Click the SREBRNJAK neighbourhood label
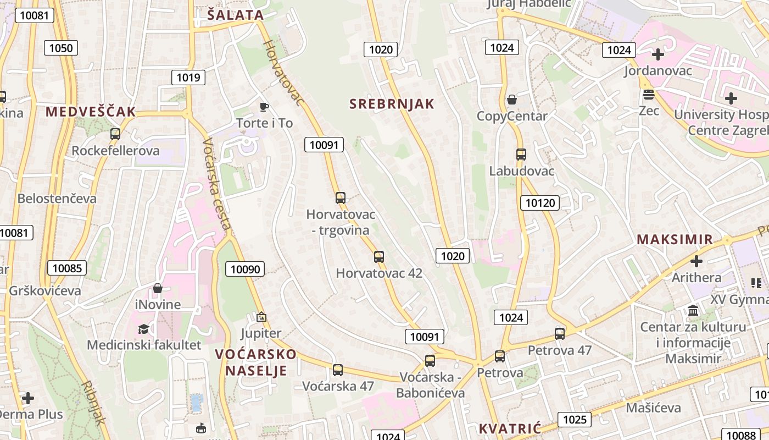(x=392, y=104)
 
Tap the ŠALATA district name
(x=236, y=15)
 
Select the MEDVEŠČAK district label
(x=91, y=112)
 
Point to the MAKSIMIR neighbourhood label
(x=675, y=240)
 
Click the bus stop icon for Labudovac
(x=521, y=155)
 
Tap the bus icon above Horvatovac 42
(x=378, y=256)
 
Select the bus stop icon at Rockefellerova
(x=115, y=134)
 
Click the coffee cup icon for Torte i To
(x=264, y=107)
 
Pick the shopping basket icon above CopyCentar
(x=512, y=100)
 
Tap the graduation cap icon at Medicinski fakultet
(x=143, y=329)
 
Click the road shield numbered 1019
(x=188, y=78)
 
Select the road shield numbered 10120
(x=540, y=203)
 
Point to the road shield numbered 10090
(x=245, y=269)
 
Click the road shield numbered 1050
(x=60, y=48)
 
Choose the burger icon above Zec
(x=649, y=95)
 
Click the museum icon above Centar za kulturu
(x=693, y=311)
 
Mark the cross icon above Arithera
(x=696, y=261)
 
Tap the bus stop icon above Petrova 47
(x=560, y=333)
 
